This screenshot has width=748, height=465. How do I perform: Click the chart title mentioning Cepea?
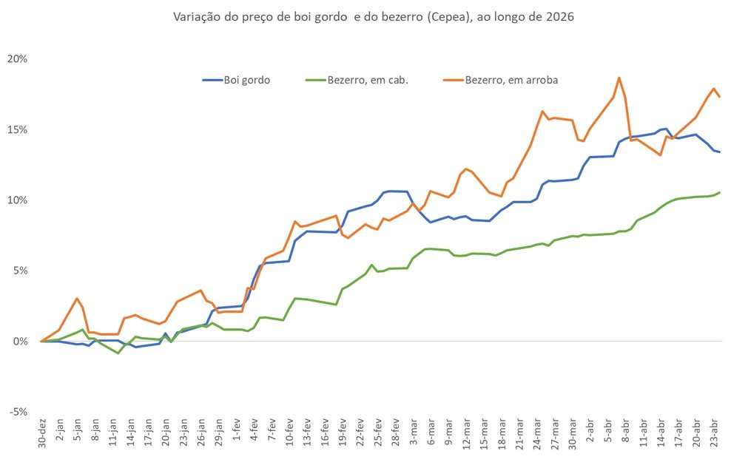[373, 16]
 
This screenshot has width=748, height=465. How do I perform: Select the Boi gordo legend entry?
[246, 80]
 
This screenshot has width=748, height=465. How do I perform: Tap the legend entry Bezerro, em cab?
[368, 80]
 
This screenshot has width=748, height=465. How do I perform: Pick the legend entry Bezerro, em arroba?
[511, 80]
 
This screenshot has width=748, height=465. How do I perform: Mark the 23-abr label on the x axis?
[714, 434]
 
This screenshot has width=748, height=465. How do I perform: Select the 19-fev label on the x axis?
[343, 434]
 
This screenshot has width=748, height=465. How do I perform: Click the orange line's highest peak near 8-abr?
[619, 78]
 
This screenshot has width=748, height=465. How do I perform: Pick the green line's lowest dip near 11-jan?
[118, 353]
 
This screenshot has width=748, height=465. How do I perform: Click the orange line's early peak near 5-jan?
[77, 299]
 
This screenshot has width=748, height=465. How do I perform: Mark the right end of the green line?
[720, 192]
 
